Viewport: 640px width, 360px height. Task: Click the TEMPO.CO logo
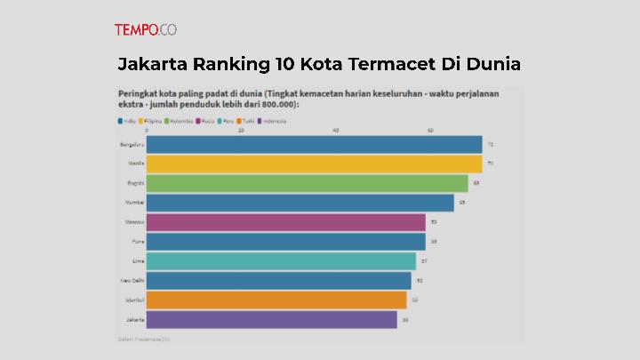[x=145, y=29]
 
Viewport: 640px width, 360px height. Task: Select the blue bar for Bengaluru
[x=314, y=144]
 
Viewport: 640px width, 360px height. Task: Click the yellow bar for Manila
[x=314, y=164]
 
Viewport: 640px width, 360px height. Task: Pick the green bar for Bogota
[x=307, y=183]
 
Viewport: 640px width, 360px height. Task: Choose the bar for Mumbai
[x=300, y=203]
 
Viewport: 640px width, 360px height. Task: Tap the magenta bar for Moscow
[x=285, y=222]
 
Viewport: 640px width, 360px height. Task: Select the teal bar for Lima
[x=281, y=260]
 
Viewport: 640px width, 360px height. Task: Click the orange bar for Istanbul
[x=276, y=300]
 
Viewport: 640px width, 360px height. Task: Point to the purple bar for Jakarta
[x=271, y=319]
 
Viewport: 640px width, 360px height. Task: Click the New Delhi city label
[x=132, y=280]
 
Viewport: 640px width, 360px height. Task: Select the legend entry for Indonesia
[x=271, y=120]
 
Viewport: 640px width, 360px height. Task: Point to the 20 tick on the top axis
[x=241, y=130]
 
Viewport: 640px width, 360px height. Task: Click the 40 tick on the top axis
[x=335, y=130]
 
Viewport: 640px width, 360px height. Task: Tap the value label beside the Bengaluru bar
[x=490, y=144]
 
